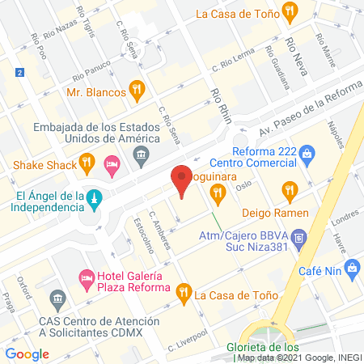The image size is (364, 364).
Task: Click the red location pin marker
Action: tap(182, 180)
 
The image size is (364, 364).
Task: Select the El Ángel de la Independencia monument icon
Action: tap(94, 197)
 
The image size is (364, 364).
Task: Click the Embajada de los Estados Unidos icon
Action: tap(142, 154)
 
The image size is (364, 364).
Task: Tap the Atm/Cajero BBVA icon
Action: tap(299, 238)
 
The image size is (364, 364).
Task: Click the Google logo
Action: tap(28, 353)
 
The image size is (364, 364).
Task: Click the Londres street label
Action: tap(344, 218)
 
